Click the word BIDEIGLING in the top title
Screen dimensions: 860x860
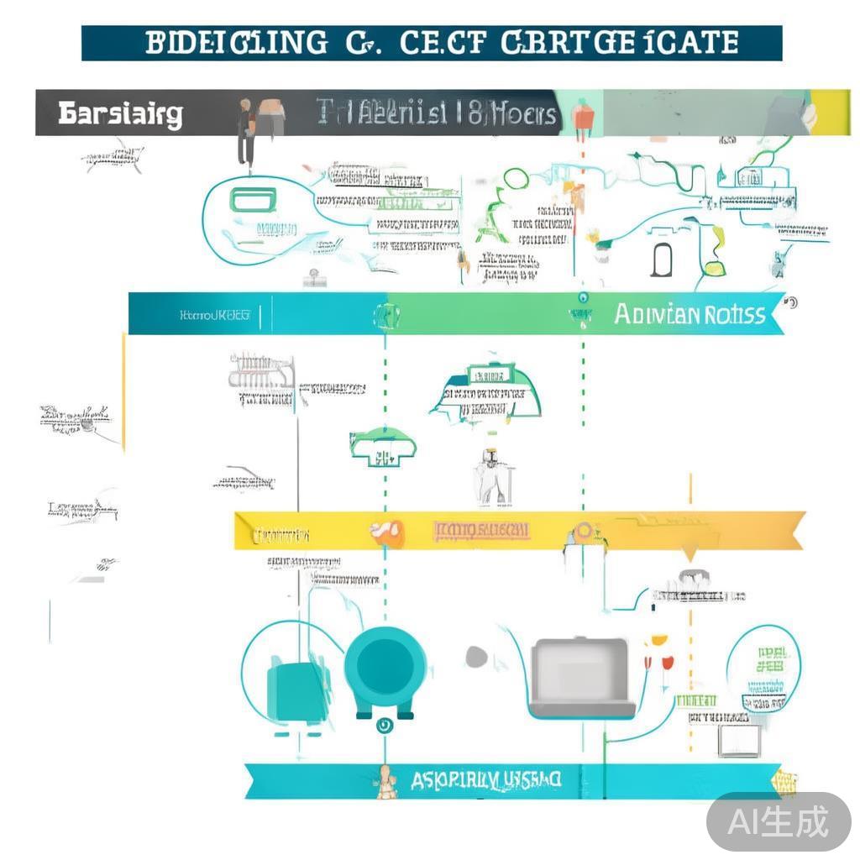point(237,43)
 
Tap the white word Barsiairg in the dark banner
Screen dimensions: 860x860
point(120,114)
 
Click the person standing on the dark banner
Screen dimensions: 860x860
point(245,131)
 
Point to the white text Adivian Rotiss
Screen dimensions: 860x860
point(690,315)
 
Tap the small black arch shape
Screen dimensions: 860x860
point(661,260)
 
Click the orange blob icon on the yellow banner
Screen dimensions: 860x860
point(387,532)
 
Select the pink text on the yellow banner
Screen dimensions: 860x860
point(481,530)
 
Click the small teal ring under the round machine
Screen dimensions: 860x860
point(385,726)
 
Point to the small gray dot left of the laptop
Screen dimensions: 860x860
point(476,657)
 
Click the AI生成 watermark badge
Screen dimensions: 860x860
point(778,821)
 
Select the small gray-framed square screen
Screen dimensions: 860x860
point(740,740)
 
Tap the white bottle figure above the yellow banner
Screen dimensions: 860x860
point(490,479)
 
